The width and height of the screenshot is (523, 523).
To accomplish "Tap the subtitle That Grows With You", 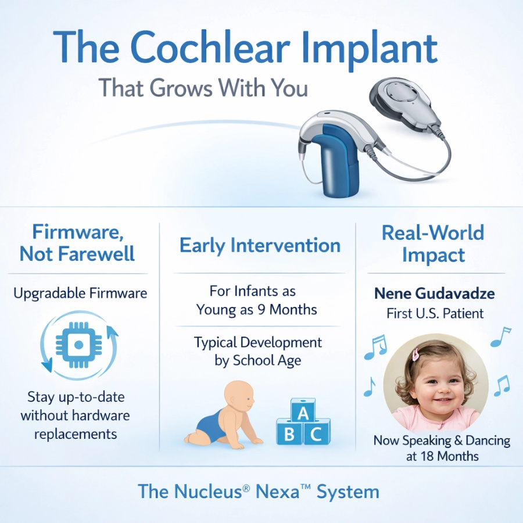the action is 203,88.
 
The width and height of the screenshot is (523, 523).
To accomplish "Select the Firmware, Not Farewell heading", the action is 77,243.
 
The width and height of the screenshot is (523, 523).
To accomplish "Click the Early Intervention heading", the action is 260,245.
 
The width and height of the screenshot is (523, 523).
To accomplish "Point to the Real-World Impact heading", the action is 433,244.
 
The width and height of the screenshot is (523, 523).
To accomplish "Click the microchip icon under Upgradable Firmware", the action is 78,345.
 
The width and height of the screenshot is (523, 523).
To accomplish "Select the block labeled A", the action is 303,411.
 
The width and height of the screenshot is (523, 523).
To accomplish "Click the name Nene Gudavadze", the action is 435,293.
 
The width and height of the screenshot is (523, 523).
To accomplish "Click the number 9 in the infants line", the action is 261,310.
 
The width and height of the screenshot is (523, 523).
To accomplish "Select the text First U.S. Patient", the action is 435,314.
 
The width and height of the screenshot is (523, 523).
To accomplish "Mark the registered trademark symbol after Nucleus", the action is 246,488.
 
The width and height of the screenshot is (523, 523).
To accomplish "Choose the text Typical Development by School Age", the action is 258,352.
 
